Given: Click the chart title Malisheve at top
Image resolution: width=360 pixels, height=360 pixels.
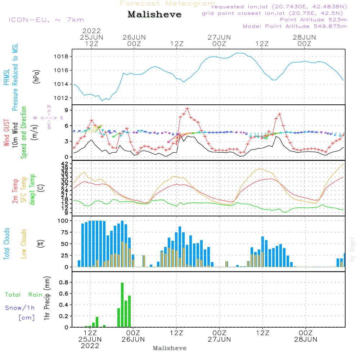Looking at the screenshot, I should [154, 15].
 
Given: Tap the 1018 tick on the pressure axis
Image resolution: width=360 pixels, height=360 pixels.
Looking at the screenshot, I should [62, 57].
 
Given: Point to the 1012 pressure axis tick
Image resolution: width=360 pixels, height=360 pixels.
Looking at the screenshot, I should [62, 98].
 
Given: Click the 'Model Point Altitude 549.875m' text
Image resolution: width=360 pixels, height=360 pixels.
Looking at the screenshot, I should [295, 26].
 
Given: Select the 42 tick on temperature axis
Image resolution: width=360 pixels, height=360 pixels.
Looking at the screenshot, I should [65, 164].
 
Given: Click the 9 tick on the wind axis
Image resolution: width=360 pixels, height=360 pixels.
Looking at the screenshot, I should [67, 110].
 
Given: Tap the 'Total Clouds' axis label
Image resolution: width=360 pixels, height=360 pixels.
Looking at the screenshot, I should [7, 244].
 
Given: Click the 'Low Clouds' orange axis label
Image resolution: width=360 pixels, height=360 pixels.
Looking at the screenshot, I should [24, 244].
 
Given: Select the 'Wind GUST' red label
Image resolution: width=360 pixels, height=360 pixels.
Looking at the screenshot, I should [7, 134].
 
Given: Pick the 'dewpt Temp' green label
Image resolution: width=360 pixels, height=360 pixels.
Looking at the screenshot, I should [32, 190].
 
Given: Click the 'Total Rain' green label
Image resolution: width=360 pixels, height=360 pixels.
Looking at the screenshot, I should [23, 295].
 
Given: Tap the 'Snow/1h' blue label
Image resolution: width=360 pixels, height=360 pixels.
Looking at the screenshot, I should [20, 308].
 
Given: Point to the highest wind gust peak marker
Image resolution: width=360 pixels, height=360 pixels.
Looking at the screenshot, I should [187, 108].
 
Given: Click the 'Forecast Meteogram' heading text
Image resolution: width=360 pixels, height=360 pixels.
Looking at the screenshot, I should [168, 4].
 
